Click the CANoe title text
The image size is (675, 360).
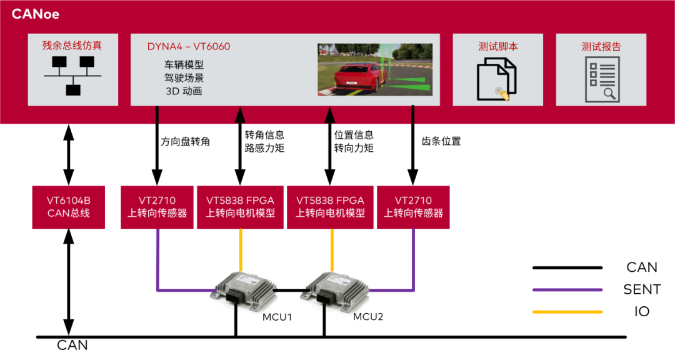(36, 14)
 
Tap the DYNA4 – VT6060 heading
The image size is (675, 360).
(189, 47)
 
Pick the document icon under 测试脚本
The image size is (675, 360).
(497, 79)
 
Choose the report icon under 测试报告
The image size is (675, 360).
(601, 79)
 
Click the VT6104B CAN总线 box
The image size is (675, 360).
(69, 207)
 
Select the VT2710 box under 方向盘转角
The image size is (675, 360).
(157, 207)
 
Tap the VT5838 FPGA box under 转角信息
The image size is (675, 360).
(240, 207)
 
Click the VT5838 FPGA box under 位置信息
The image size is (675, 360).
(330, 207)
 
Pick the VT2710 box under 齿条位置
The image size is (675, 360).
(413, 207)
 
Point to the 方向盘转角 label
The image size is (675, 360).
(186, 142)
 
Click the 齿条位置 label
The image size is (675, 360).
(442, 141)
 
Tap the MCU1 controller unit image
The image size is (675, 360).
(244, 288)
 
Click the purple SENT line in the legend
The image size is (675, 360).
(567, 289)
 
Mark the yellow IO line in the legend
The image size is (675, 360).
(567, 311)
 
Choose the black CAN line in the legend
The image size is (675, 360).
(567, 267)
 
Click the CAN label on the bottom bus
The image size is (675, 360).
(72, 345)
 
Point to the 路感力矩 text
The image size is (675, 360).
(264, 148)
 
